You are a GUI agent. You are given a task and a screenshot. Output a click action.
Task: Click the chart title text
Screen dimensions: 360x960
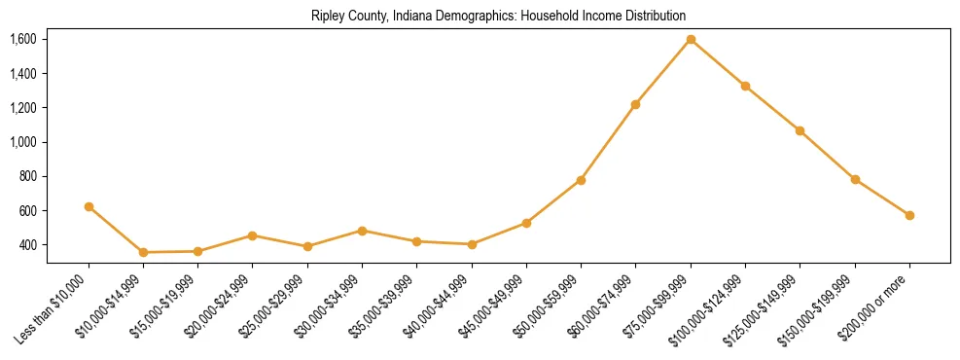pos(498,17)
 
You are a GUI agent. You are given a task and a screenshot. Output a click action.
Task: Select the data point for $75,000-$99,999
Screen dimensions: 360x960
pos(691,39)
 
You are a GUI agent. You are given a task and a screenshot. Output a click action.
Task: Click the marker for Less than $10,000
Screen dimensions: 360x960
pos(89,206)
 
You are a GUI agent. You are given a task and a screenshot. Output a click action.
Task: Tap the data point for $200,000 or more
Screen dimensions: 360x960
pos(909,215)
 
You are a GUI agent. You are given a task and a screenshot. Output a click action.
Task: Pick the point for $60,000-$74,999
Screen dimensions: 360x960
pos(635,104)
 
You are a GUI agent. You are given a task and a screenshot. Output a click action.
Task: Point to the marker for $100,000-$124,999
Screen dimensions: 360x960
pos(745,86)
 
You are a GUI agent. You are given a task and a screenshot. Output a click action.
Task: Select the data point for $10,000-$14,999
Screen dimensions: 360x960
pos(143,252)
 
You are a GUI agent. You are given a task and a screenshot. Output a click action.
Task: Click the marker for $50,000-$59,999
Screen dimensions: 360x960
pos(581,180)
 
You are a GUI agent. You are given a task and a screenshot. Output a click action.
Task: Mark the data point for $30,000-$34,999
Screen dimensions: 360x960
pos(362,231)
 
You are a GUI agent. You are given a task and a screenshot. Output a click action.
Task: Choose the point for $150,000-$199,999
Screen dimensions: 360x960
pos(855,179)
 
